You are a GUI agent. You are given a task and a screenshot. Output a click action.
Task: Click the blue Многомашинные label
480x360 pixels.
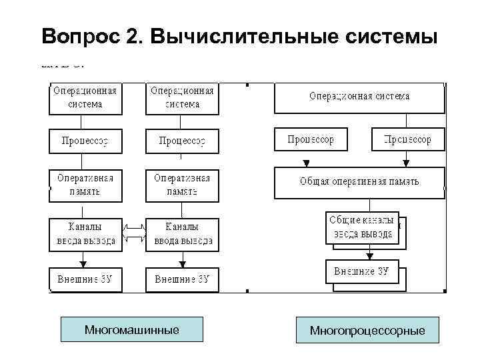coord(131,330)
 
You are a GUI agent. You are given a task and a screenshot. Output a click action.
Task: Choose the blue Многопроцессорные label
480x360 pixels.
coord(367,330)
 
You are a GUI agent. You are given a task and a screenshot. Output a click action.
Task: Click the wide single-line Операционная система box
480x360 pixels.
coord(359,97)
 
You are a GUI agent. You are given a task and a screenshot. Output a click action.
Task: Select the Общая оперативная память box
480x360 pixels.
coord(359,182)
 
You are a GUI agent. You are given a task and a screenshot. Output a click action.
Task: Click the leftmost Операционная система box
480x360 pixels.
coord(85,97)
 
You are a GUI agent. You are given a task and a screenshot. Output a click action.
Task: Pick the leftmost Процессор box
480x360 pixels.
coord(85,141)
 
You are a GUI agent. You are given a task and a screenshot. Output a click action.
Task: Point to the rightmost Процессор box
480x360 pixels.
coord(407,139)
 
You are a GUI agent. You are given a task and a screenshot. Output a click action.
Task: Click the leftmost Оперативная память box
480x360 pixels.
coord(85,184)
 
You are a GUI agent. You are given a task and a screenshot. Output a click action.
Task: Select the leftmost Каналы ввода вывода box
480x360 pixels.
coord(85,233)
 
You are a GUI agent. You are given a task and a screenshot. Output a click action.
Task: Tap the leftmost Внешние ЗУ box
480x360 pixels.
coord(85,279)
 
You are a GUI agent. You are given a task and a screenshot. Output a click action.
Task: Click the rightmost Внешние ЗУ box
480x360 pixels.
coord(361,272)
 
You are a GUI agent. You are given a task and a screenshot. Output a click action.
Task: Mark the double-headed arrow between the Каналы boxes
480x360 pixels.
coord(134,234)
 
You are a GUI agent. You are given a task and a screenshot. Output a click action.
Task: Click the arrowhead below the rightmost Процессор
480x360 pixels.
coord(406,163)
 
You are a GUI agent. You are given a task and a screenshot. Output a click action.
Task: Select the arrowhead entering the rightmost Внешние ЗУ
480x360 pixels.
coord(368,256)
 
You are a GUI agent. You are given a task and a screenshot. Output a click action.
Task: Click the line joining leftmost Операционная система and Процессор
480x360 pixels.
coord(82,121)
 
